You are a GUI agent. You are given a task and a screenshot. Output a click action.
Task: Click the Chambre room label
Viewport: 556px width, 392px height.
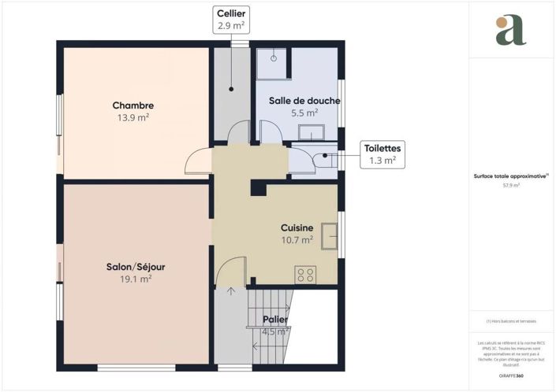132,105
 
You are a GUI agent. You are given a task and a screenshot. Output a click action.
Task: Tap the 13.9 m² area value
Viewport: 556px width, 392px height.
132,117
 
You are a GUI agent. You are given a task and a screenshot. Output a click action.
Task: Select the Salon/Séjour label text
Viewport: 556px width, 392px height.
136,267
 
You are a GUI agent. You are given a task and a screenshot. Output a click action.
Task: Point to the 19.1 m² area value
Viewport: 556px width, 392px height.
136,279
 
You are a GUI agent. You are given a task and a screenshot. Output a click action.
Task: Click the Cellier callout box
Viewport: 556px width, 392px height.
230,20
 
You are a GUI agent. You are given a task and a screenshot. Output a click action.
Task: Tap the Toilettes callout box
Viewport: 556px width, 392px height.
382,153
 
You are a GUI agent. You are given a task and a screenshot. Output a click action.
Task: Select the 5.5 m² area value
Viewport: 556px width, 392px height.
304,113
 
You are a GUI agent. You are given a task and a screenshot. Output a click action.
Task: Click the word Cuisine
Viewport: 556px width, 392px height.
297,227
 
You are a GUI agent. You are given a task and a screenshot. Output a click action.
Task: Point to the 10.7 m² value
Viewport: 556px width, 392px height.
297,239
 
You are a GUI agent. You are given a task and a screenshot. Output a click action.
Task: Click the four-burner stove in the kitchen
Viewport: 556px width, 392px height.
305,275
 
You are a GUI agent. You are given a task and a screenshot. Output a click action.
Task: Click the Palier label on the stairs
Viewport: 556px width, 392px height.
275,320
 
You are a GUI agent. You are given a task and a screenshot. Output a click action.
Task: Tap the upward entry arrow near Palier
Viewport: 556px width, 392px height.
231,292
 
